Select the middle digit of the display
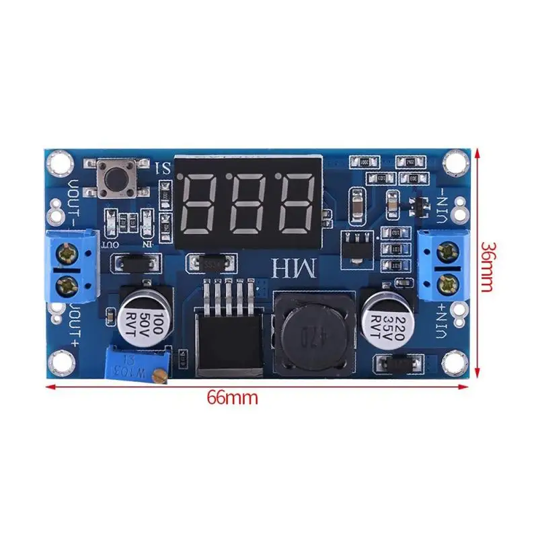click(x=248, y=200)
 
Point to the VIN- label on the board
click(x=442, y=202)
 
